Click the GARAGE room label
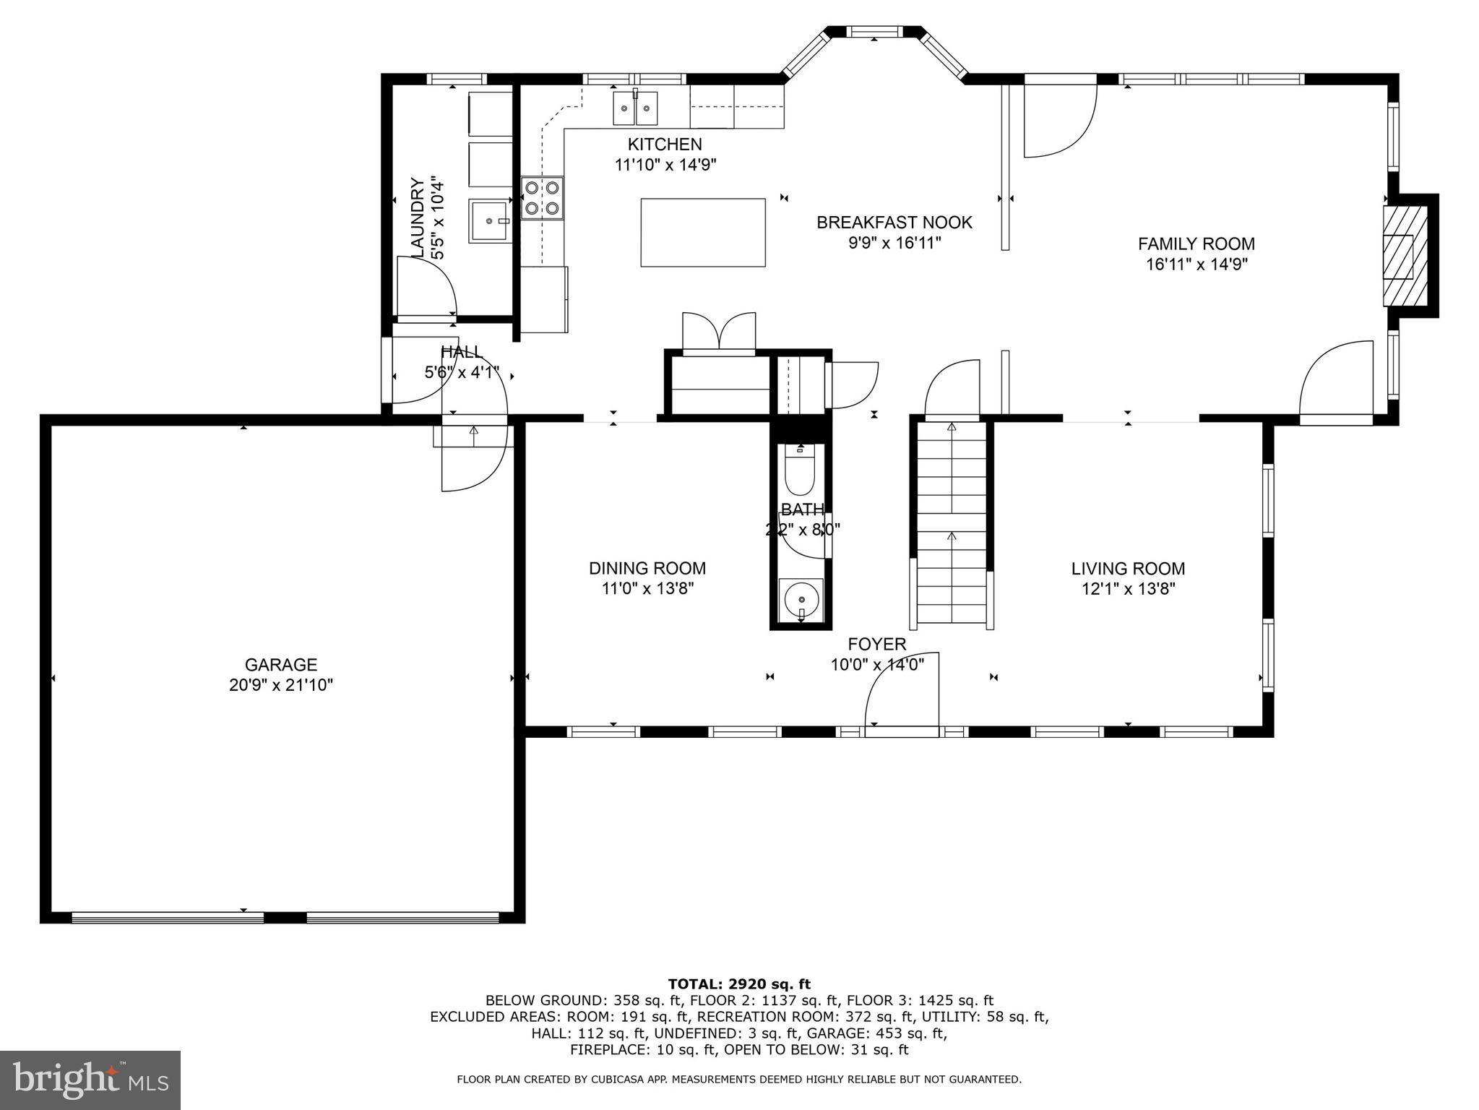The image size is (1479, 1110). click(280, 664)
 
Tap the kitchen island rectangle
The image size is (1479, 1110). click(702, 233)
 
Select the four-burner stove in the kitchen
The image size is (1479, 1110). click(542, 198)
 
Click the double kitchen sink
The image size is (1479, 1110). click(636, 108)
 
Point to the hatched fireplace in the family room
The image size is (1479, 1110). click(1404, 256)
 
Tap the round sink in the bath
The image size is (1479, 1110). click(801, 600)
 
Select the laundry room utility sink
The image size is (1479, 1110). click(488, 221)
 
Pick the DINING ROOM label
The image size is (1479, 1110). click(647, 568)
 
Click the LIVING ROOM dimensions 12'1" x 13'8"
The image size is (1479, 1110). click(1128, 589)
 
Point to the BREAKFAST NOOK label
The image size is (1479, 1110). click(894, 223)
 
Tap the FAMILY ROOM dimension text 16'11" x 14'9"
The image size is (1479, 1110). click(1196, 264)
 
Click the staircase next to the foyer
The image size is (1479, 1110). click(952, 524)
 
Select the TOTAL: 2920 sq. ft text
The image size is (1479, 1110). click(739, 984)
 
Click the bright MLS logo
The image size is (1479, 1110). click(90, 1080)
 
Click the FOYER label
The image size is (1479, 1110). click(876, 644)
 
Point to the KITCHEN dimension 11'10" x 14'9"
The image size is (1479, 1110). click(665, 165)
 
